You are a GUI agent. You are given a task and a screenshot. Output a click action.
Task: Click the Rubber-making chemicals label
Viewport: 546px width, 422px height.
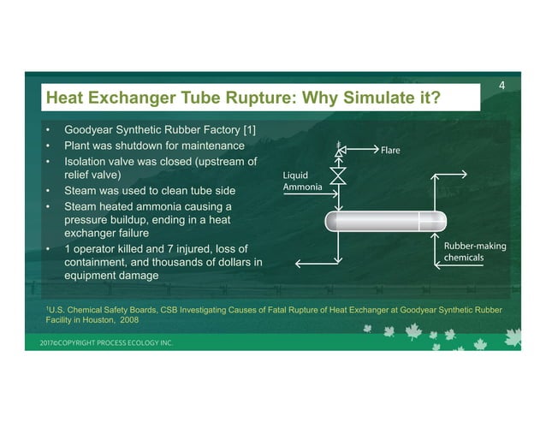click(x=474, y=252)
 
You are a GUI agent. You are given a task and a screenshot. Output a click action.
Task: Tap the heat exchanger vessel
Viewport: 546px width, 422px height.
click(x=386, y=221)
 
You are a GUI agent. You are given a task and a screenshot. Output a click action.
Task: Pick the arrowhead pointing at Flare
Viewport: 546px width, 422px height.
click(x=373, y=150)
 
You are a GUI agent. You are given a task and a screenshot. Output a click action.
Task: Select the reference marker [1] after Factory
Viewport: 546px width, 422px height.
click(x=246, y=130)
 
